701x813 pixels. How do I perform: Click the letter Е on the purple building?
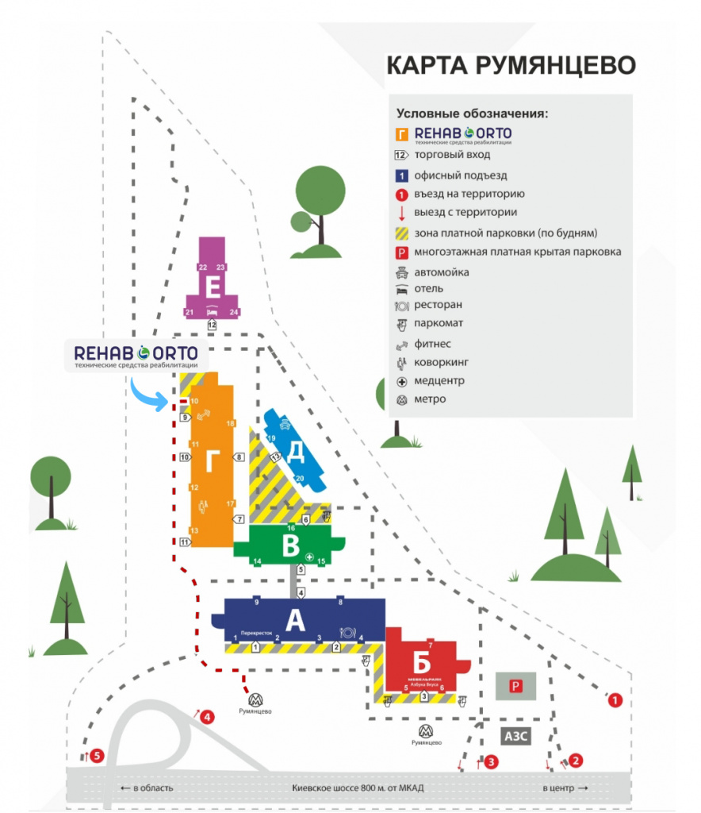click(212, 287)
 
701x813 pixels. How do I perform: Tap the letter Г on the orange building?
click(211, 460)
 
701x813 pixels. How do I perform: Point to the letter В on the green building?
click(291, 546)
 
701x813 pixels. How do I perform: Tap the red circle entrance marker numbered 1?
click(614, 700)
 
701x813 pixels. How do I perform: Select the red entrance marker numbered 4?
click(207, 718)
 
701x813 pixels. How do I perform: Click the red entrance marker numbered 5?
click(97, 755)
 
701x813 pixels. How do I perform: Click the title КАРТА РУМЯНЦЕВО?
click(511, 65)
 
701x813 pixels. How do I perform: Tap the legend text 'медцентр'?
click(439, 381)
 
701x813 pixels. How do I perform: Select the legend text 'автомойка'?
click(442, 272)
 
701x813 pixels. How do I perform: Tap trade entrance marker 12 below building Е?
click(212, 325)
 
